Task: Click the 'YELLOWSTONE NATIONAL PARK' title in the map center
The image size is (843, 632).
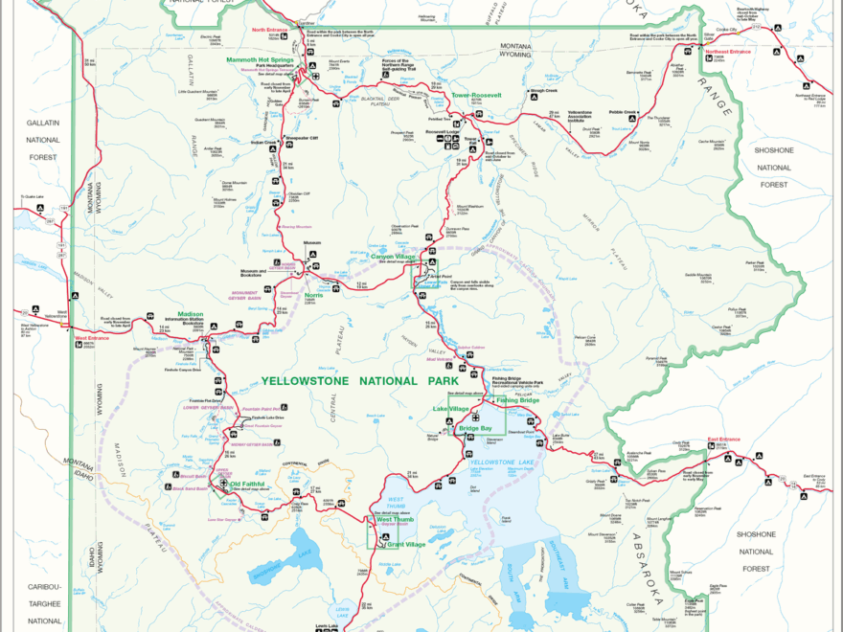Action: click(353, 381)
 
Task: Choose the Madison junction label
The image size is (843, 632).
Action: click(190, 313)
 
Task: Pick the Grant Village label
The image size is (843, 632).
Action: click(406, 545)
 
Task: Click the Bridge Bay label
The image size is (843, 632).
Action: click(474, 428)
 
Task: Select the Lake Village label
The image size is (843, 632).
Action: click(452, 408)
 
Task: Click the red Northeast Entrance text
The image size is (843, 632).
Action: click(728, 51)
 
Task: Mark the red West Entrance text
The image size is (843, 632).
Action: click(94, 337)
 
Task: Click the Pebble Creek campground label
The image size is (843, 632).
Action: click(623, 111)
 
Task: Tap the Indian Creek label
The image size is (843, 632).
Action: click(263, 143)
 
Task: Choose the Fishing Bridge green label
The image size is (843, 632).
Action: click(518, 399)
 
